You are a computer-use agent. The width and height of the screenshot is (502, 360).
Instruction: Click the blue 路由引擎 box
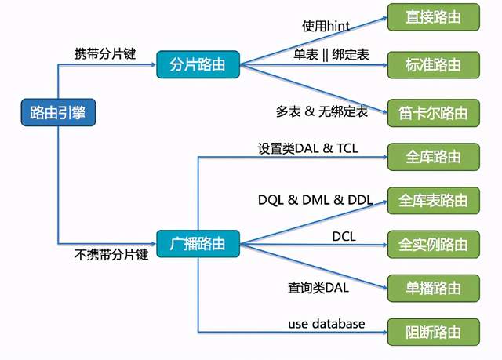point(58,112)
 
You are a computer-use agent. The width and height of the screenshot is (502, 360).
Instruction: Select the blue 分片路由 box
point(197,64)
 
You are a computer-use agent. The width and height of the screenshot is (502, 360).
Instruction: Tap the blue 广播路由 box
point(197,243)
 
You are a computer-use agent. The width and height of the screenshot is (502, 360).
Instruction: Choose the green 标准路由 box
point(433,64)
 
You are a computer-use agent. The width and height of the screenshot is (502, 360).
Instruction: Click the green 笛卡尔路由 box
point(433,112)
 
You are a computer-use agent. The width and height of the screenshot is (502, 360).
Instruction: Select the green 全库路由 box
point(433,156)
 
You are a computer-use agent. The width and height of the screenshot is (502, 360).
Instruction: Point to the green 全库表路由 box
point(433,200)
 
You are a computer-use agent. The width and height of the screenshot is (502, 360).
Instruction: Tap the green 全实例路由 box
point(433,244)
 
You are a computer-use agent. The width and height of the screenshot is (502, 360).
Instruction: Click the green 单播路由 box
point(433,287)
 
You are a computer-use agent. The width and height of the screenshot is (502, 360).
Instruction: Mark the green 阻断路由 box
point(433,331)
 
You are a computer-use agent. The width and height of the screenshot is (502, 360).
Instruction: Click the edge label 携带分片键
point(104,54)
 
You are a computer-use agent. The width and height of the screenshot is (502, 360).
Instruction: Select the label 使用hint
point(326,25)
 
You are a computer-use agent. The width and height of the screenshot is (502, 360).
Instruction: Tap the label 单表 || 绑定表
point(331,56)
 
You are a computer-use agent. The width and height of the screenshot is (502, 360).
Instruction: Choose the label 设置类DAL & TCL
point(307,147)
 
